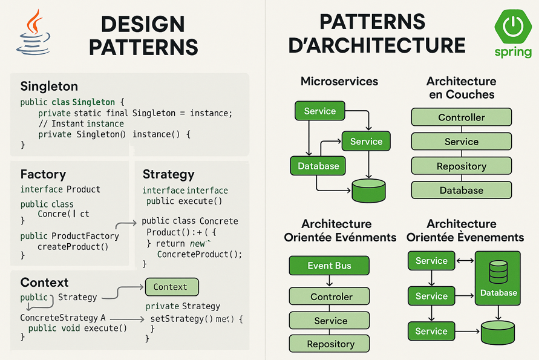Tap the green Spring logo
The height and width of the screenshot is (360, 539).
513,33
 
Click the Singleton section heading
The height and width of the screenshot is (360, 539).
49,86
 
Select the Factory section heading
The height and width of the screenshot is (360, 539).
43,174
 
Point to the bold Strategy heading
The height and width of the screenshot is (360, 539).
168,174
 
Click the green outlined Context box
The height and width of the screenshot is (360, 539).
172,287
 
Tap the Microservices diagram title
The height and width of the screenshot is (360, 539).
339,81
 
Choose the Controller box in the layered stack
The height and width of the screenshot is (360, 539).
461,117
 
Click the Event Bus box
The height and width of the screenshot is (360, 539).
329,266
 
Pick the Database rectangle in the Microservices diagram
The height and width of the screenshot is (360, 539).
318,166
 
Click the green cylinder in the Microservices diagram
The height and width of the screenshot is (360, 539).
368,191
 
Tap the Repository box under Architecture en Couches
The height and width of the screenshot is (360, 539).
461,166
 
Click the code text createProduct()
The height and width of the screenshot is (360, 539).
73,246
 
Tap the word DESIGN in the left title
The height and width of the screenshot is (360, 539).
143,24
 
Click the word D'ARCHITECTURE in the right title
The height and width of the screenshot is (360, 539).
377,45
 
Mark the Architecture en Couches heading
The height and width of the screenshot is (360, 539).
461,88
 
